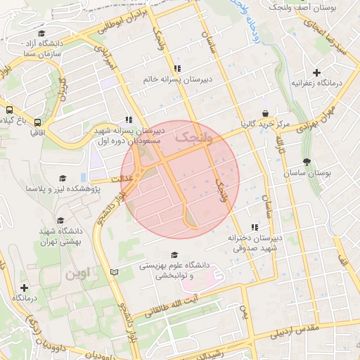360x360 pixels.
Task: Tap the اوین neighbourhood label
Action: [x=78, y=274]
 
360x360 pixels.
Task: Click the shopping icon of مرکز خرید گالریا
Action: [x=265, y=113]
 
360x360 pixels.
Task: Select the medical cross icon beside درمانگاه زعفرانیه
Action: [x=317, y=72]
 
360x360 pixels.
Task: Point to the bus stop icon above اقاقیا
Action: [x=37, y=122]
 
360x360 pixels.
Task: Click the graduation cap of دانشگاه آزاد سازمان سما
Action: [x=41, y=33]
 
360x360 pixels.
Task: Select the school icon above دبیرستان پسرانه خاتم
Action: [x=177, y=68]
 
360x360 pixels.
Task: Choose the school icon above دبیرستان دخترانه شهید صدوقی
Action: [x=255, y=226]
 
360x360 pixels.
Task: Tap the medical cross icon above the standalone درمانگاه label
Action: [x=25, y=288]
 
